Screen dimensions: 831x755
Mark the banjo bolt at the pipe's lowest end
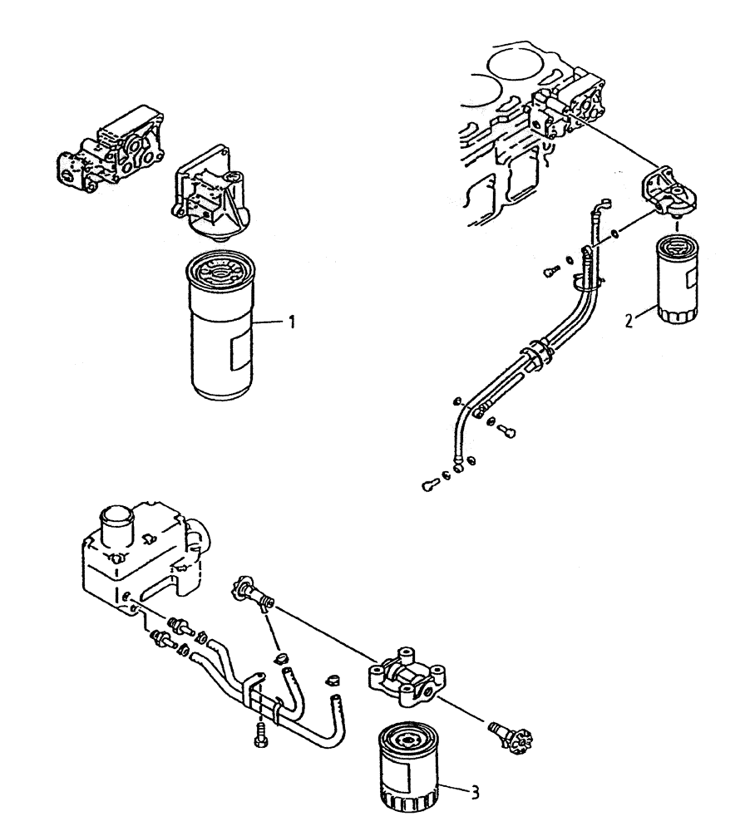(432, 486)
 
